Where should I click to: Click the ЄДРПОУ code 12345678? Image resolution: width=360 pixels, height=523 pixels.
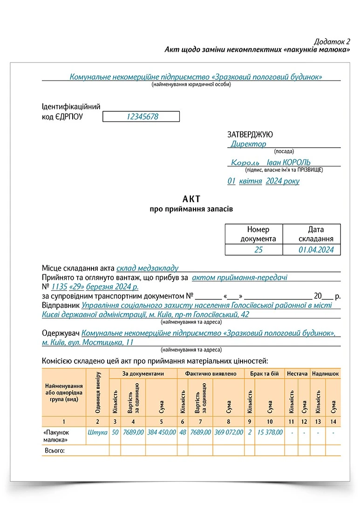pos(142,117)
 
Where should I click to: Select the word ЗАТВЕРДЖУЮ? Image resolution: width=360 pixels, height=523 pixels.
pos(250,135)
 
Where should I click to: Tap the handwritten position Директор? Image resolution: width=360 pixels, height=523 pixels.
pos(248,144)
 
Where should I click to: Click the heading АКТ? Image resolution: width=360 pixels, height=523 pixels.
pos(191,199)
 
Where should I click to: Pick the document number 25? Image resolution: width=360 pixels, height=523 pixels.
pos(258,250)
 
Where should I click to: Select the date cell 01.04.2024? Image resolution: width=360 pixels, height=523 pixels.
pos(316,250)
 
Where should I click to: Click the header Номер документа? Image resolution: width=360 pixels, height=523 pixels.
pos(258,234)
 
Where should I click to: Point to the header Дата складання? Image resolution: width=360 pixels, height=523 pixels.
pos(316,234)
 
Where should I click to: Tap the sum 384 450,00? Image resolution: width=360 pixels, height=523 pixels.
pos(161,432)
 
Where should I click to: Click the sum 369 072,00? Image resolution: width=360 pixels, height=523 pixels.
pos(229,432)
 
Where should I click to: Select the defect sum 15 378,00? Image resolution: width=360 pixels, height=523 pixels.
pos(270,432)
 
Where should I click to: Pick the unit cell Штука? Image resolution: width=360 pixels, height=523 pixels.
pos(97,432)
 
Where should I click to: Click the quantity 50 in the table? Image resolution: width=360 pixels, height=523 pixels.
pos(115,432)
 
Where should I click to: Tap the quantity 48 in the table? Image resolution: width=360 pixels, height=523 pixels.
pos(183,432)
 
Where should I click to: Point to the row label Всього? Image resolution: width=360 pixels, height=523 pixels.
pos(54,450)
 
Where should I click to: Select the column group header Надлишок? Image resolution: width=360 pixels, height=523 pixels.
pos(325,374)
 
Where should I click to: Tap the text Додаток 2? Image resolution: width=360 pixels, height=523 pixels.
pos(332,41)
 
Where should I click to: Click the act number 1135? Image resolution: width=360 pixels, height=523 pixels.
pos(59,287)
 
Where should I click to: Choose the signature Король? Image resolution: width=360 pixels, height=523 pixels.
pos(245,163)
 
